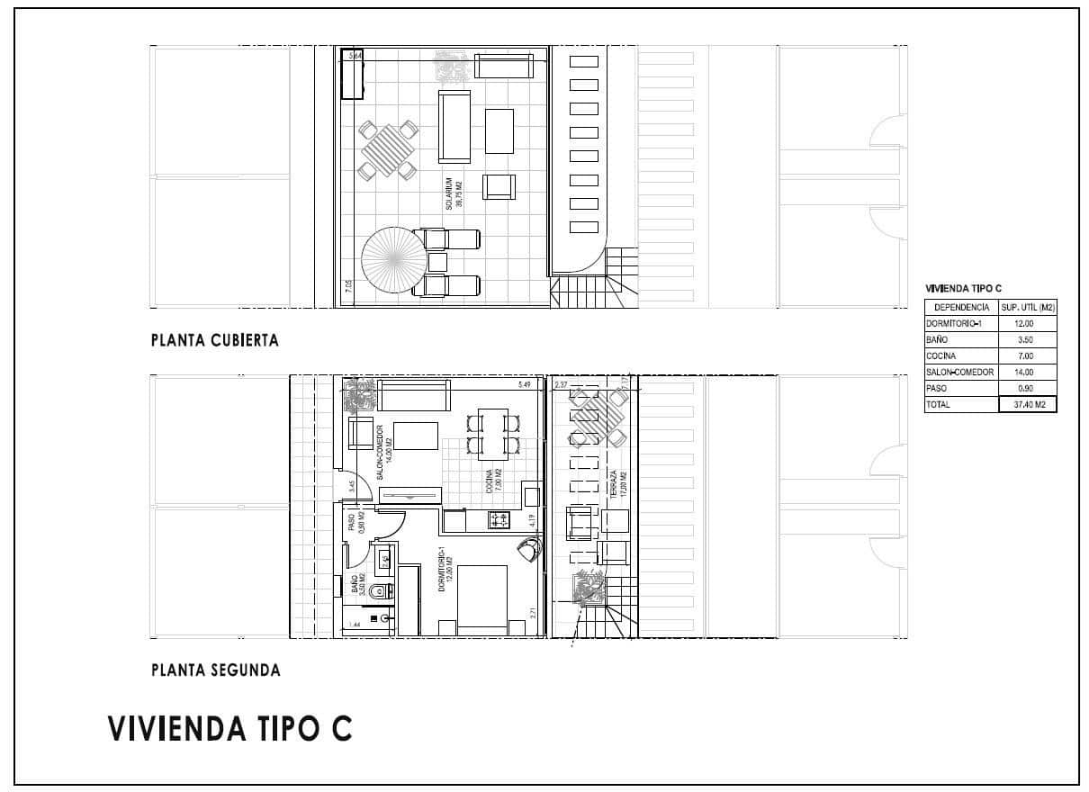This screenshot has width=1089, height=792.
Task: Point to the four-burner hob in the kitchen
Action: (499, 519)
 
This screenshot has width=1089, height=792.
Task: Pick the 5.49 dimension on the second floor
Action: (525, 385)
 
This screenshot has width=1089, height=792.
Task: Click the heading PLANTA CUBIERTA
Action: (215, 340)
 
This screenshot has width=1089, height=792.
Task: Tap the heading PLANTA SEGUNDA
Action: (216, 670)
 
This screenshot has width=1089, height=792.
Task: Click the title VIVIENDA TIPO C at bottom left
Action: (229, 728)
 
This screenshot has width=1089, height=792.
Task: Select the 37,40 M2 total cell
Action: (1028, 405)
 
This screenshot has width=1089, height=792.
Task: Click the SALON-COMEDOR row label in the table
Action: (959, 372)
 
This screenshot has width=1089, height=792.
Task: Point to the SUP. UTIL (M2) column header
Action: (1028, 307)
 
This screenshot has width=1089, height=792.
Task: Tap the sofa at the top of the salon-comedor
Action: (414, 395)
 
